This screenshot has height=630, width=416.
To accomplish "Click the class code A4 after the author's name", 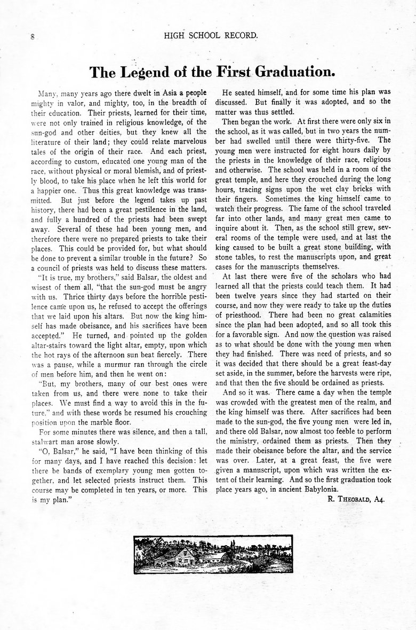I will pos(380,499).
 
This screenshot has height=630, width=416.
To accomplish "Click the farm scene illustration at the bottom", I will pos(213,554).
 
